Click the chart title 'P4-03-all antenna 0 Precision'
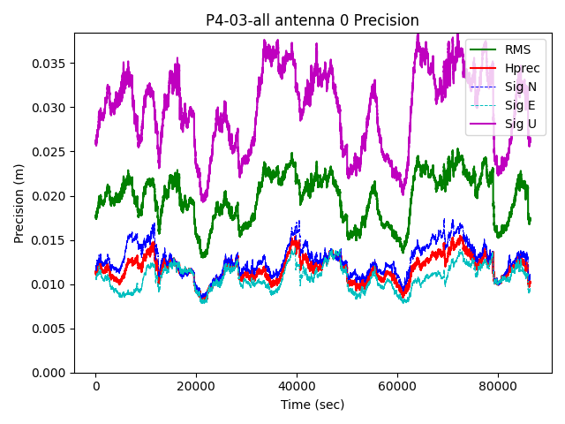[x=313, y=20]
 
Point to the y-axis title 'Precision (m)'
[x=19, y=203]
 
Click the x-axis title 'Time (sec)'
[x=313, y=405]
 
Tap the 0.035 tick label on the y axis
[x=49, y=64]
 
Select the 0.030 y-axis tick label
[x=49, y=108]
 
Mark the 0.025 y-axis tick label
[x=49, y=152]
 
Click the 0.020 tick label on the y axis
[x=49, y=196]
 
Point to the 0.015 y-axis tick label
[x=49, y=240]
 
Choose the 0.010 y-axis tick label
[x=49, y=284]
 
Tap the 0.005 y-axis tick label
[x=49, y=329]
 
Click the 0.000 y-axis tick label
[x=49, y=373]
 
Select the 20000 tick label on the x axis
[x=196, y=386]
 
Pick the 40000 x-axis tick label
[x=297, y=386]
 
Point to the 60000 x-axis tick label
[x=396, y=386]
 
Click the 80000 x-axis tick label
[x=497, y=386]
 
